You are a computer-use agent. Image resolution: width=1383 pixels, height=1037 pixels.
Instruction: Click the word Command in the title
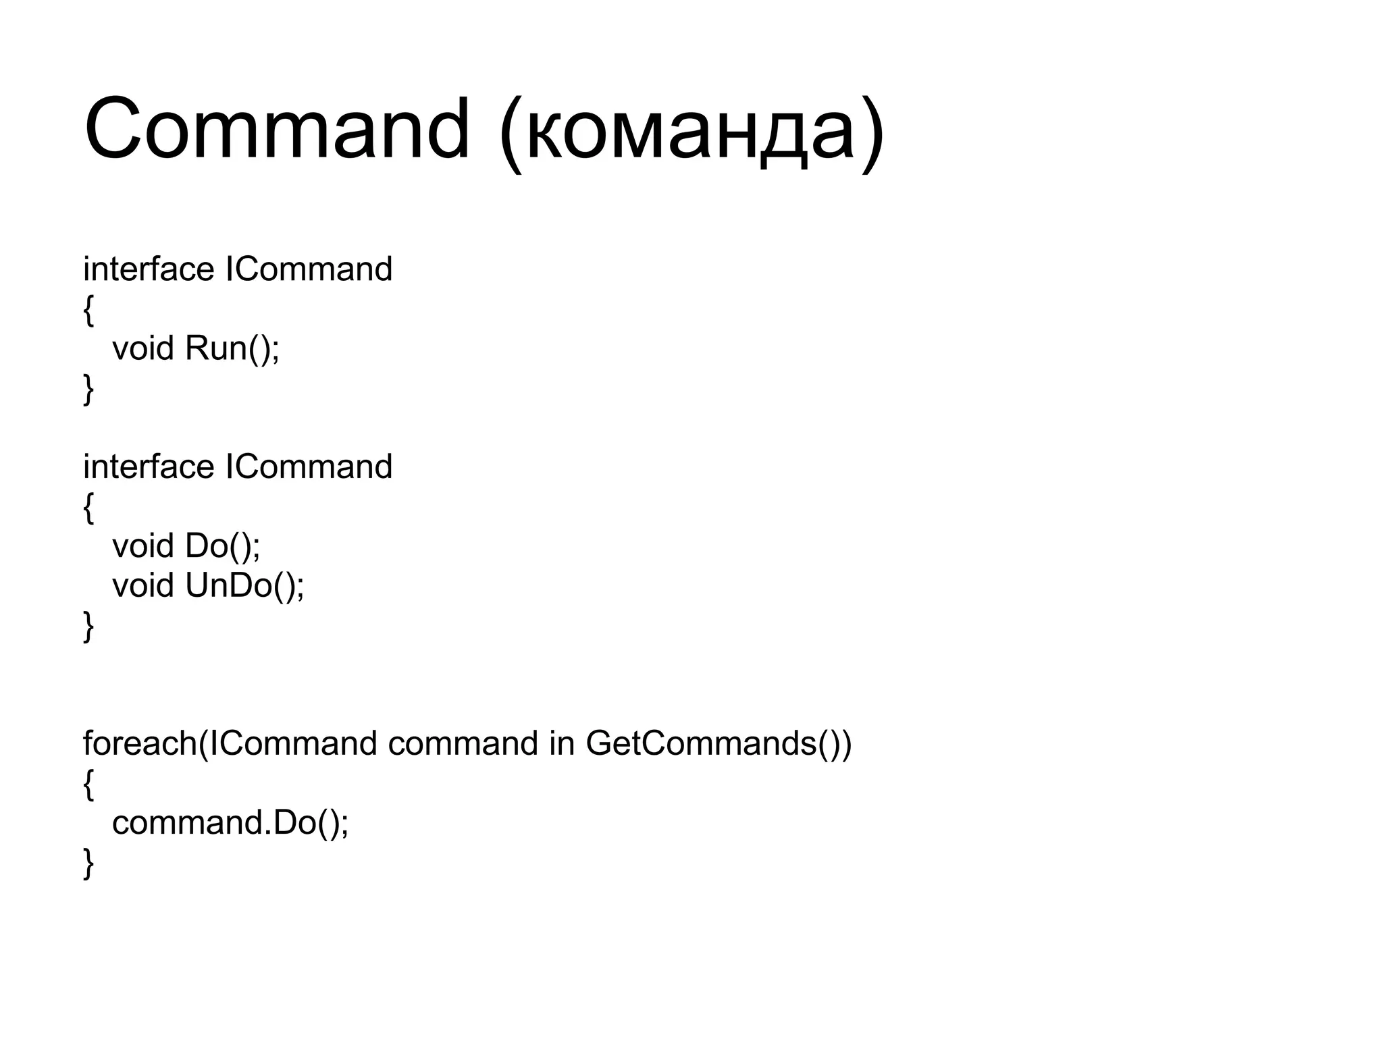[x=277, y=128]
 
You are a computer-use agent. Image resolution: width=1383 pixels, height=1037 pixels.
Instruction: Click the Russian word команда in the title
[x=689, y=132]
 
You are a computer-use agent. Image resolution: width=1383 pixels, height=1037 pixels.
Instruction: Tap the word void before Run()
[x=142, y=349]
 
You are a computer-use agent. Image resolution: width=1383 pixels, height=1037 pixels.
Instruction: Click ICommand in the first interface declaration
[x=309, y=269]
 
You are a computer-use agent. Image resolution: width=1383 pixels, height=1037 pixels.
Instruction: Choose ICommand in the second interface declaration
[x=309, y=467]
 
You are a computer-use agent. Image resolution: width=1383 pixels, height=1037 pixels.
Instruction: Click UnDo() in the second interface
[x=244, y=586]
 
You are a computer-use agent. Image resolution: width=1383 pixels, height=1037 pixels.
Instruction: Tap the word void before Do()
[x=142, y=546]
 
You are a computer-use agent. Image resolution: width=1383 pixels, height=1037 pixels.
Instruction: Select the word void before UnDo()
[x=142, y=586]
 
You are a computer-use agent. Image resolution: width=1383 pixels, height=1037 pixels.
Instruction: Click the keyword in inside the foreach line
[x=561, y=744]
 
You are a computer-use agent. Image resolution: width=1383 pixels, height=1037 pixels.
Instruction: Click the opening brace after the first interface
[x=88, y=311]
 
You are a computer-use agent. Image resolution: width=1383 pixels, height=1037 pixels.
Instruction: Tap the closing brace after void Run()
[x=88, y=390]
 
